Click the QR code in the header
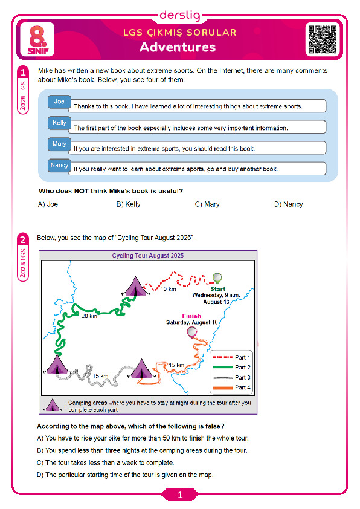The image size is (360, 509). (x=322, y=40)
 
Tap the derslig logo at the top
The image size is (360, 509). (x=180, y=15)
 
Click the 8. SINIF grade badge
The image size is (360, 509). (x=37, y=40)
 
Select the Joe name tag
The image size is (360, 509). (x=59, y=102)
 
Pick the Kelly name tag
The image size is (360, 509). (x=59, y=123)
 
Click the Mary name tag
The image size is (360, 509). (x=59, y=144)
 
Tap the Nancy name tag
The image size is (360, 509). (x=59, y=165)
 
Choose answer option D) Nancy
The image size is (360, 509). (x=288, y=204)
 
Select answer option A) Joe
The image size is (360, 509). (x=48, y=204)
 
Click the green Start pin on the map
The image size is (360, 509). (x=217, y=279)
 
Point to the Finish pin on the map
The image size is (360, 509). (x=191, y=332)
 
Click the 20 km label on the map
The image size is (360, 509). (x=89, y=316)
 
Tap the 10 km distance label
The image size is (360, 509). (x=169, y=289)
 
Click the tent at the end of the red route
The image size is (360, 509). (x=135, y=287)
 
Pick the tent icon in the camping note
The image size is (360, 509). (x=53, y=405)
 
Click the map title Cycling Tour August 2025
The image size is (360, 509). (x=148, y=256)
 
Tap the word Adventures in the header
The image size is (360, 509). (x=178, y=47)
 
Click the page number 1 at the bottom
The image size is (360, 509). (x=180, y=495)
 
